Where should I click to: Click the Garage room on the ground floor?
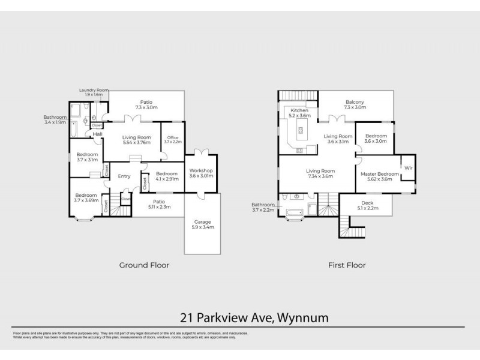pos(202,225)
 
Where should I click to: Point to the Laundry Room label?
pos(91,92)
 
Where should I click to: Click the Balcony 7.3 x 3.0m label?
pos(355,104)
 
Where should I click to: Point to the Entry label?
pos(124,176)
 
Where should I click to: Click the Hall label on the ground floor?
pos(97,134)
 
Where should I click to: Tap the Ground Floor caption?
pos(143,265)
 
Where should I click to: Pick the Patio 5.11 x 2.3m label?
pos(160,204)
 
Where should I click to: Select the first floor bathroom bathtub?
pos(293,212)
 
